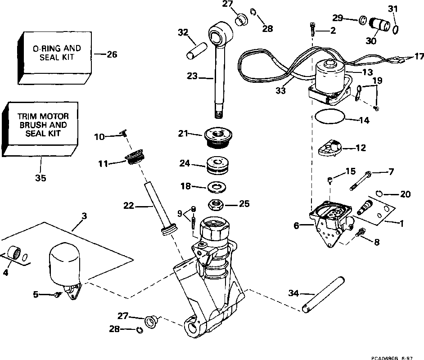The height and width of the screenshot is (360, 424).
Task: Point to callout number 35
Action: (x=41, y=178)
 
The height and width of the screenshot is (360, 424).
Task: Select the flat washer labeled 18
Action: (x=216, y=186)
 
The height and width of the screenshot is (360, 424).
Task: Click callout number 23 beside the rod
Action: (x=192, y=77)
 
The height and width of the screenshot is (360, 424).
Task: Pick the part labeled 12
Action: (x=330, y=148)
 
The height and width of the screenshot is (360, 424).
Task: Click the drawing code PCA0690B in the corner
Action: (x=384, y=357)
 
